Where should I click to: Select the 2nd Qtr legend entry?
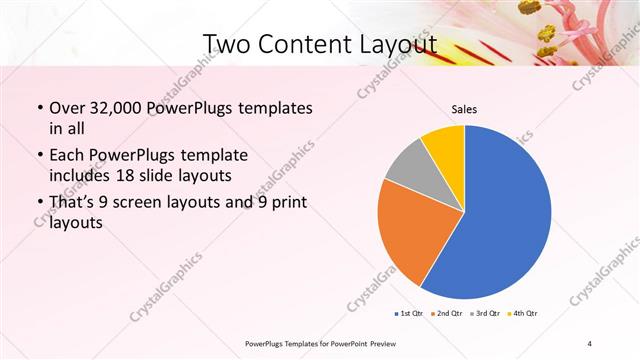447,312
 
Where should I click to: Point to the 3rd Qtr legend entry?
486,312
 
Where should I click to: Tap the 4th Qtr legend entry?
525,312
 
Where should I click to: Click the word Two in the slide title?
224,43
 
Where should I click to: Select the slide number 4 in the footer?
590,344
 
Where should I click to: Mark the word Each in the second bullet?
67,156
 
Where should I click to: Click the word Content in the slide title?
300,43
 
